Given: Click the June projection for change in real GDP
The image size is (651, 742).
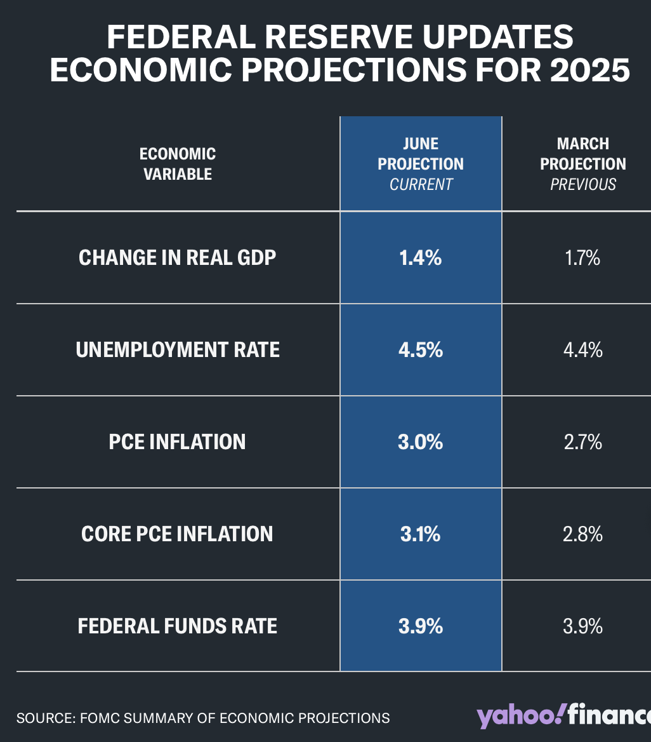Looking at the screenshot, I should coord(421,258).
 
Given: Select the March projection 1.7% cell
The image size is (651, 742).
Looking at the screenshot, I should coord(582,258).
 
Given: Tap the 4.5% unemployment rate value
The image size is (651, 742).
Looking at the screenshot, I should coord(421,350).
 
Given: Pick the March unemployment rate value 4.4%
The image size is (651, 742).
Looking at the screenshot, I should coord(582,350).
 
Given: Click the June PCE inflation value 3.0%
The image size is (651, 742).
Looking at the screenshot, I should coord(421,442).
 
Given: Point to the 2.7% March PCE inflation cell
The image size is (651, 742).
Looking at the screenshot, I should coord(582,442).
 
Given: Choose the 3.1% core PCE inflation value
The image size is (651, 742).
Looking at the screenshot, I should coord(421,534).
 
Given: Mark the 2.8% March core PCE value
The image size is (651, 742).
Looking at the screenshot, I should coord(582,534).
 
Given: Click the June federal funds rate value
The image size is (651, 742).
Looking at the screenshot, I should coord(421,626).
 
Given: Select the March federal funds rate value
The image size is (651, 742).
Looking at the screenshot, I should coord(582,626).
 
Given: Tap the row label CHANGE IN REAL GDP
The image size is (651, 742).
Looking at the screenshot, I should coord(178,258).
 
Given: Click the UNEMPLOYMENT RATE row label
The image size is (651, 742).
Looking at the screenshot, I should coord(178,350).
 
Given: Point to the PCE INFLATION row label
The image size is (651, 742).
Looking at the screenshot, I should coord(178,442).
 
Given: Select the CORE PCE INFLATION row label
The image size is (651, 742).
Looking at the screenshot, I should coord(178,534).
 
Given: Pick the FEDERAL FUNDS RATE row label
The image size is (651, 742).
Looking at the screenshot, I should coord(178,626).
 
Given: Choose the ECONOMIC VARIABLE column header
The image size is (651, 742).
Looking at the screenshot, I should coord(178,164).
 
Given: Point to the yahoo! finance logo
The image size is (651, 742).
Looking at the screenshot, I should coord(564,716).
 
